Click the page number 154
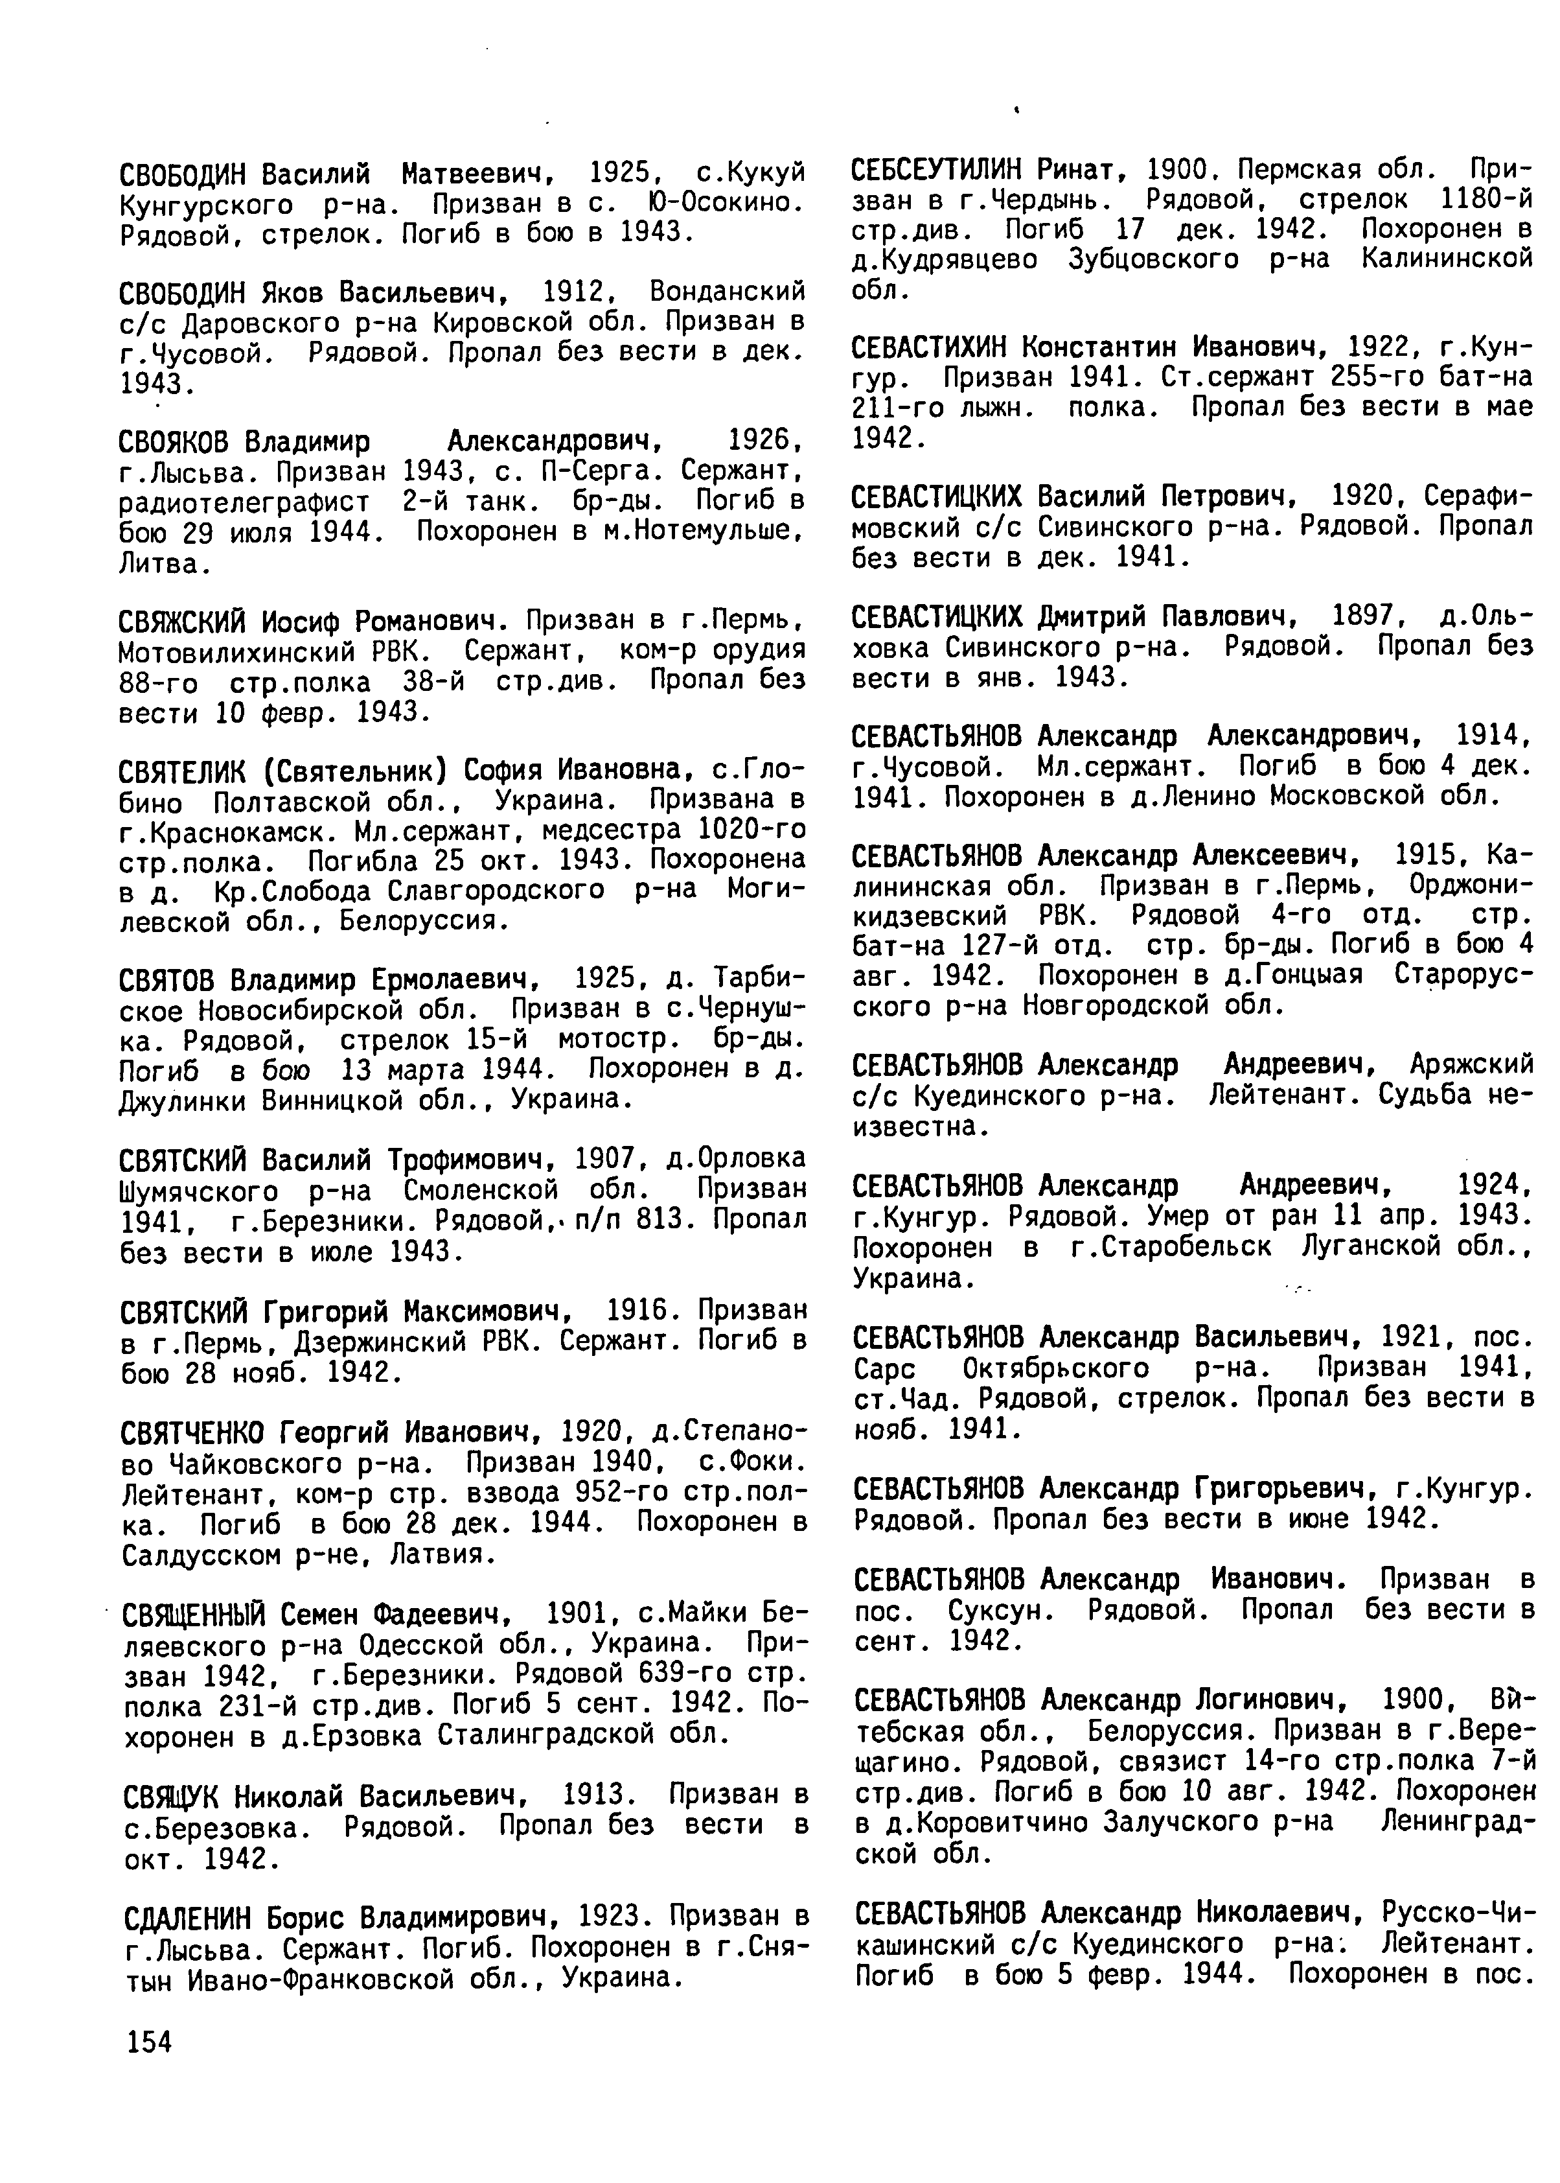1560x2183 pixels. click(147, 2042)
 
